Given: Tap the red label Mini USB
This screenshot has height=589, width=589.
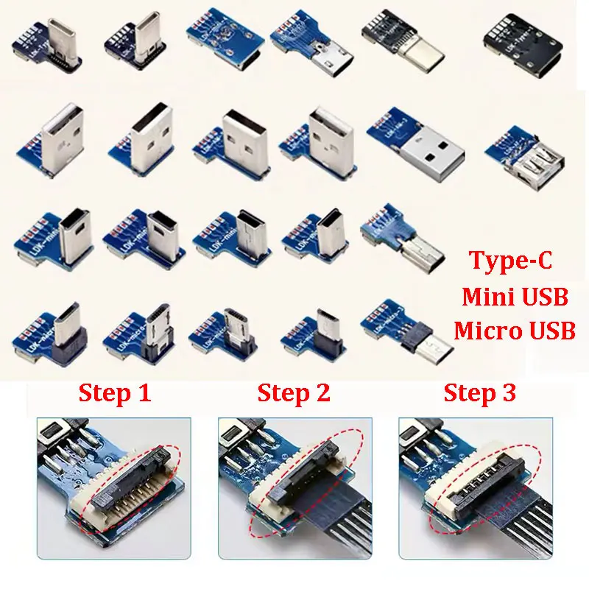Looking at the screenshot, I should point(515,297).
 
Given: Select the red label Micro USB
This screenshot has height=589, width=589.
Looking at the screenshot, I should point(515,331).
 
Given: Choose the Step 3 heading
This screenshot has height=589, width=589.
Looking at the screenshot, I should point(479,393).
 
